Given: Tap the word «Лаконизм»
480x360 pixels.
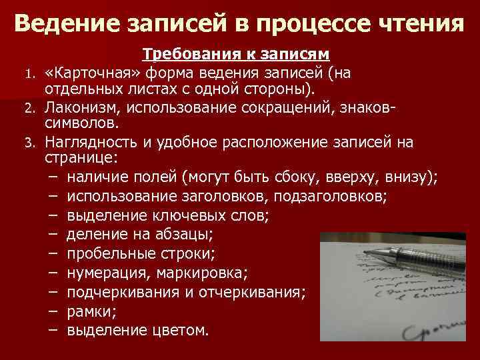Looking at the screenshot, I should pos(78,107).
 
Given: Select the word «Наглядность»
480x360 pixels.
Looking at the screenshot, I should pos(87,142).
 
